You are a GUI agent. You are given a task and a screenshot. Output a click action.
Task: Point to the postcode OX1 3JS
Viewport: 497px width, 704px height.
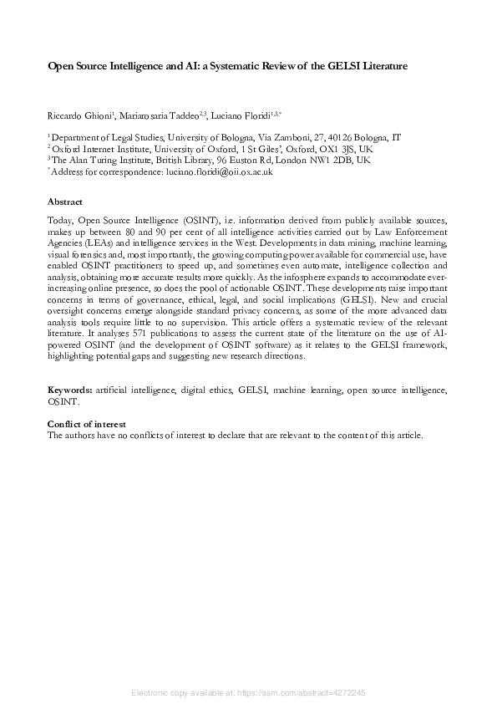(x=330, y=148)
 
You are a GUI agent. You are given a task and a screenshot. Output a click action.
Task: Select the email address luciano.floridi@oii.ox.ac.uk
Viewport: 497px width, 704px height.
(x=215, y=171)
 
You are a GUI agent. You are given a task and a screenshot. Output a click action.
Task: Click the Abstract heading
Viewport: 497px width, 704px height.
(x=65, y=202)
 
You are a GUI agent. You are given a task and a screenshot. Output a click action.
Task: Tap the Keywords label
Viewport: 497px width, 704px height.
(x=70, y=390)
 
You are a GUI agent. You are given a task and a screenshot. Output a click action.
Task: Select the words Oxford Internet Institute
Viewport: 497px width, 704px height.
(x=99, y=148)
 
